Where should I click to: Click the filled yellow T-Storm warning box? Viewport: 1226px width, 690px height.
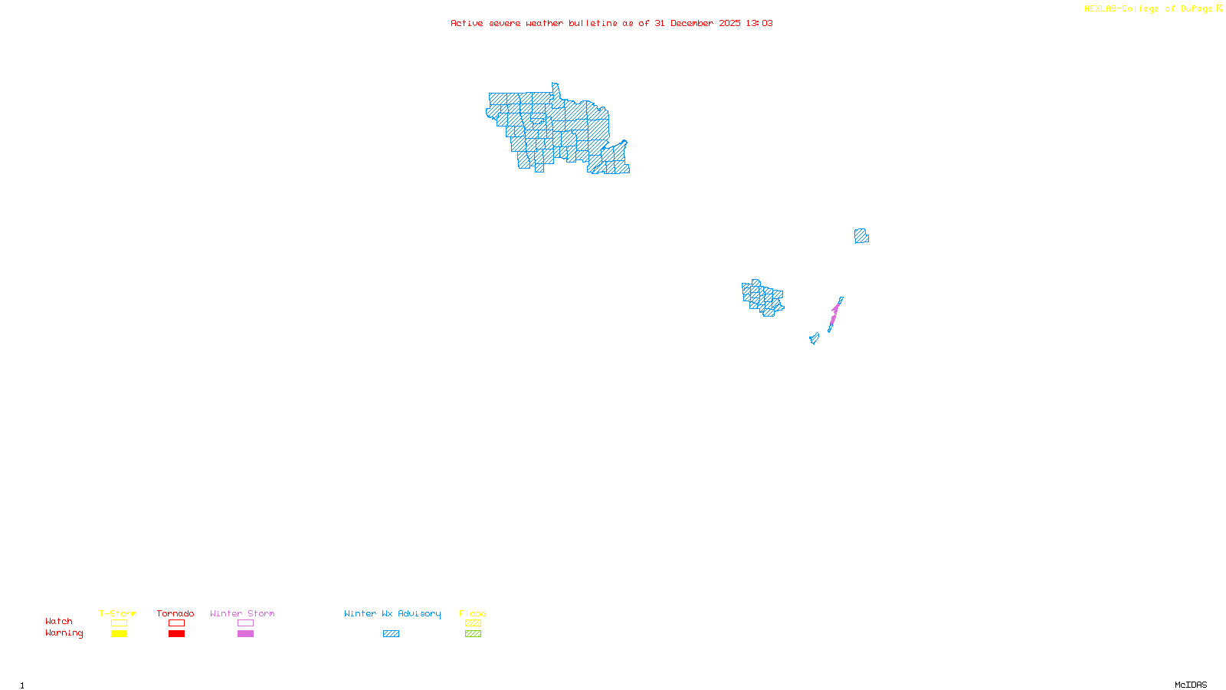click(119, 634)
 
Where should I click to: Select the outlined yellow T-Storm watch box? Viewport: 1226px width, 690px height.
click(119, 623)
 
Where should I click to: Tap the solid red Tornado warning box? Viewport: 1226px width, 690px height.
click(176, 634)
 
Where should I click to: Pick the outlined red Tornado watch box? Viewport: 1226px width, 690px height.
click(176, 623)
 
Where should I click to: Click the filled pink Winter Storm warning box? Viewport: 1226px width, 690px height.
click(245, 634)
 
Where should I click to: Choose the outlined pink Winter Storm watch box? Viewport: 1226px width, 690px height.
click(245, 623)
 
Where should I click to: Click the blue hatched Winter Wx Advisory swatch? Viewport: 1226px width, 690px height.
click(391, 634)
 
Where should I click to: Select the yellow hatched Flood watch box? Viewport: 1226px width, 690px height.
click(473, 623)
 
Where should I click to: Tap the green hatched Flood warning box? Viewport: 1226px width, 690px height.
click(473, 634)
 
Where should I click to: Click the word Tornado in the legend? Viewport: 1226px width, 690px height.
click(175, 613)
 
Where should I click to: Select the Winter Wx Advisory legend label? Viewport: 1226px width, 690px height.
click(392, 613)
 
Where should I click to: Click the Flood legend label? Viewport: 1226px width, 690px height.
click(473, 613)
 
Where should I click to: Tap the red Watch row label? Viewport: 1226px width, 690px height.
click(59, 622)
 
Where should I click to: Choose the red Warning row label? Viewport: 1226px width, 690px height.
click(64, 633)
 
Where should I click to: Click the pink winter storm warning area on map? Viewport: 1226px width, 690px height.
click(834, 314)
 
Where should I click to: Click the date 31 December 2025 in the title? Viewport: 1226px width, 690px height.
click(697, 23)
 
